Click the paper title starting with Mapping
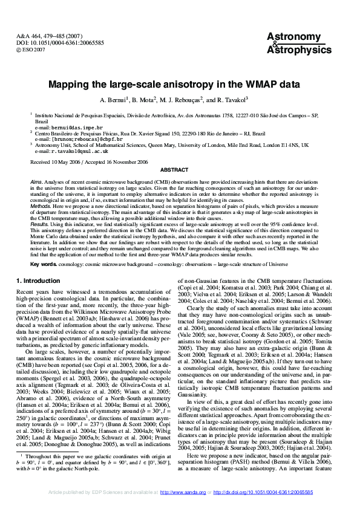click(180, 85)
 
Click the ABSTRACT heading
click(180, 170)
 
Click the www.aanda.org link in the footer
click(192, 493)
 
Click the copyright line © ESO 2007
click(32, 50)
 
